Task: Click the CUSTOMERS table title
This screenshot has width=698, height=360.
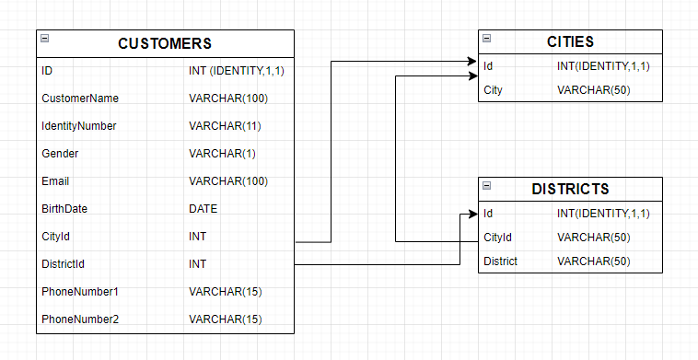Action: tap(165, 43)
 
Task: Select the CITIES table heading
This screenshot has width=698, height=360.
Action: tap(570, 41)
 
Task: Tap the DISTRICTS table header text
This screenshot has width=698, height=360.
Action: tap(570, 189)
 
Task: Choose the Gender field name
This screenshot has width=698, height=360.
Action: tap(60, 154)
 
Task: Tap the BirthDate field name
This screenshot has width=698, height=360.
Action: tap(64, 209)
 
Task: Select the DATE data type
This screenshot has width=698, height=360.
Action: tap(204, 209)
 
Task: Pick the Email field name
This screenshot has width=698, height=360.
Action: tap(55, 181)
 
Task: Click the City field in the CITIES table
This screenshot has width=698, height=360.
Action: tap(494, 89)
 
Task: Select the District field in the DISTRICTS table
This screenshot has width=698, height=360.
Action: tap(500, 261)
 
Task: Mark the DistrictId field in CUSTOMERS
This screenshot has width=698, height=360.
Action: tap(63, 264)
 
